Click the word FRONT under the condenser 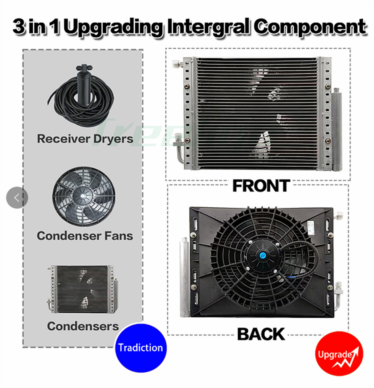[x=261, y=186]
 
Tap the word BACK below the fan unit [x=261, y=334]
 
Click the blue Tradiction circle [x=140, y=348]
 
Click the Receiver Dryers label [x=85, y=139]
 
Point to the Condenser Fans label [x=85, y=236]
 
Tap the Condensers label [x=83, y=326]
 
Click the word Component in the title [x=310, y=27]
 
